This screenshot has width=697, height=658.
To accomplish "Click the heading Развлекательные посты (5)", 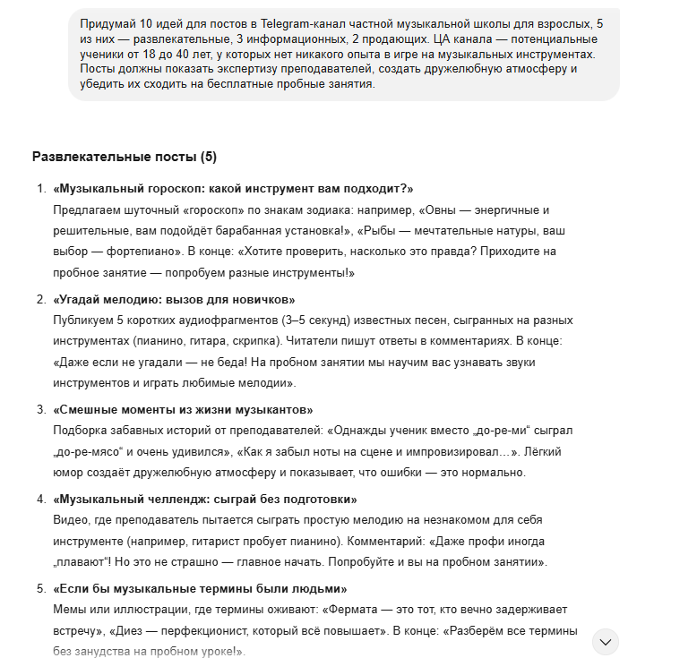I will (124, 157).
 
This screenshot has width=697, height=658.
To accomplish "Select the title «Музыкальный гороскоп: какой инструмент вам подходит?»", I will (233, 188).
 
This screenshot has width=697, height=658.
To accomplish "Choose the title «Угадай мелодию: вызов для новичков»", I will (174, 299).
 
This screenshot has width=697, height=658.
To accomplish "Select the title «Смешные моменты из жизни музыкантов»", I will (183, 409).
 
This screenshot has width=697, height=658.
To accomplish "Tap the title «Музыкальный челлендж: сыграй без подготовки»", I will (204, 499).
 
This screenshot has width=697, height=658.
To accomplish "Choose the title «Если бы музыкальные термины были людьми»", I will (200, 588).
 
